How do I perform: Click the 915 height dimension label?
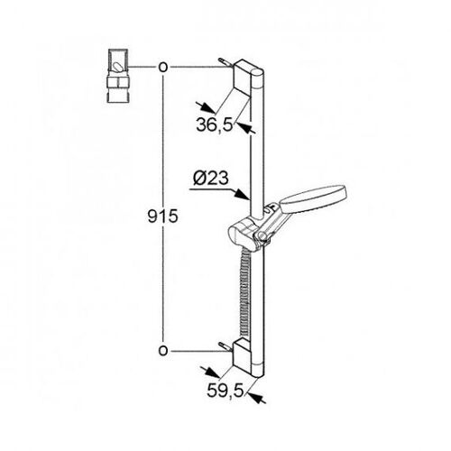(x=162, y=216)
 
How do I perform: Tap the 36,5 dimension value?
(x=215, y=124)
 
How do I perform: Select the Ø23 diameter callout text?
(x=211, y=179)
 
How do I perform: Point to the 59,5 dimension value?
(x=225, y=391)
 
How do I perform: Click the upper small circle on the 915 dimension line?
(x=162, y=68)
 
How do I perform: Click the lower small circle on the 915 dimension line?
(x=162, y=351)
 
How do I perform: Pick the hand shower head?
(x=313, y=199)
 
